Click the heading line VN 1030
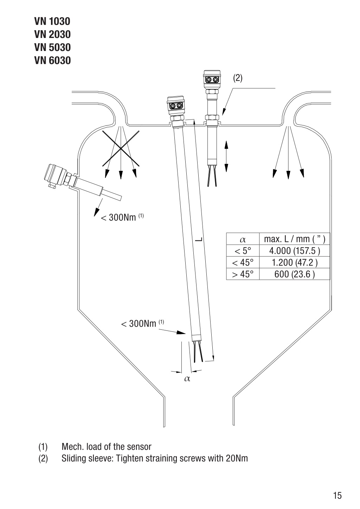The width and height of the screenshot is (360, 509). [52, 21]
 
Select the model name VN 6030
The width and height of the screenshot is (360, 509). [52, 60]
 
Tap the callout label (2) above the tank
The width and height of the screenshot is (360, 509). [238, 78]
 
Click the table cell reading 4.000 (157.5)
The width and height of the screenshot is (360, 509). [295, 251]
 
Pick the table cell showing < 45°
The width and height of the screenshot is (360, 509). [243, 263]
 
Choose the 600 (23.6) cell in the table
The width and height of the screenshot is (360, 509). [295, 274]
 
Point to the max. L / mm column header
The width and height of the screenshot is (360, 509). [295, 239]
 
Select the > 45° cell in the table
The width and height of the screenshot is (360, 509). [243, 274]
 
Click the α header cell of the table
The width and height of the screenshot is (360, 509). [243, 239]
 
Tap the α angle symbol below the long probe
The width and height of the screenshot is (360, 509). [187, 379]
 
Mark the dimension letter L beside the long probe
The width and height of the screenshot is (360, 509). [199, 239]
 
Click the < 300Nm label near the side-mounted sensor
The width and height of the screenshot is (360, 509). [122, 218]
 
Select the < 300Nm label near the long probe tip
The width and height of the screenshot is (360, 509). [142, 324]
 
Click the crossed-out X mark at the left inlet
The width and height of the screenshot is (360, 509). [121, 148]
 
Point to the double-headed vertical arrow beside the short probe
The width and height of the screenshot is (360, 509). [226, 156]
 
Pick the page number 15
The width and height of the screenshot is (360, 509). [337, 495]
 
